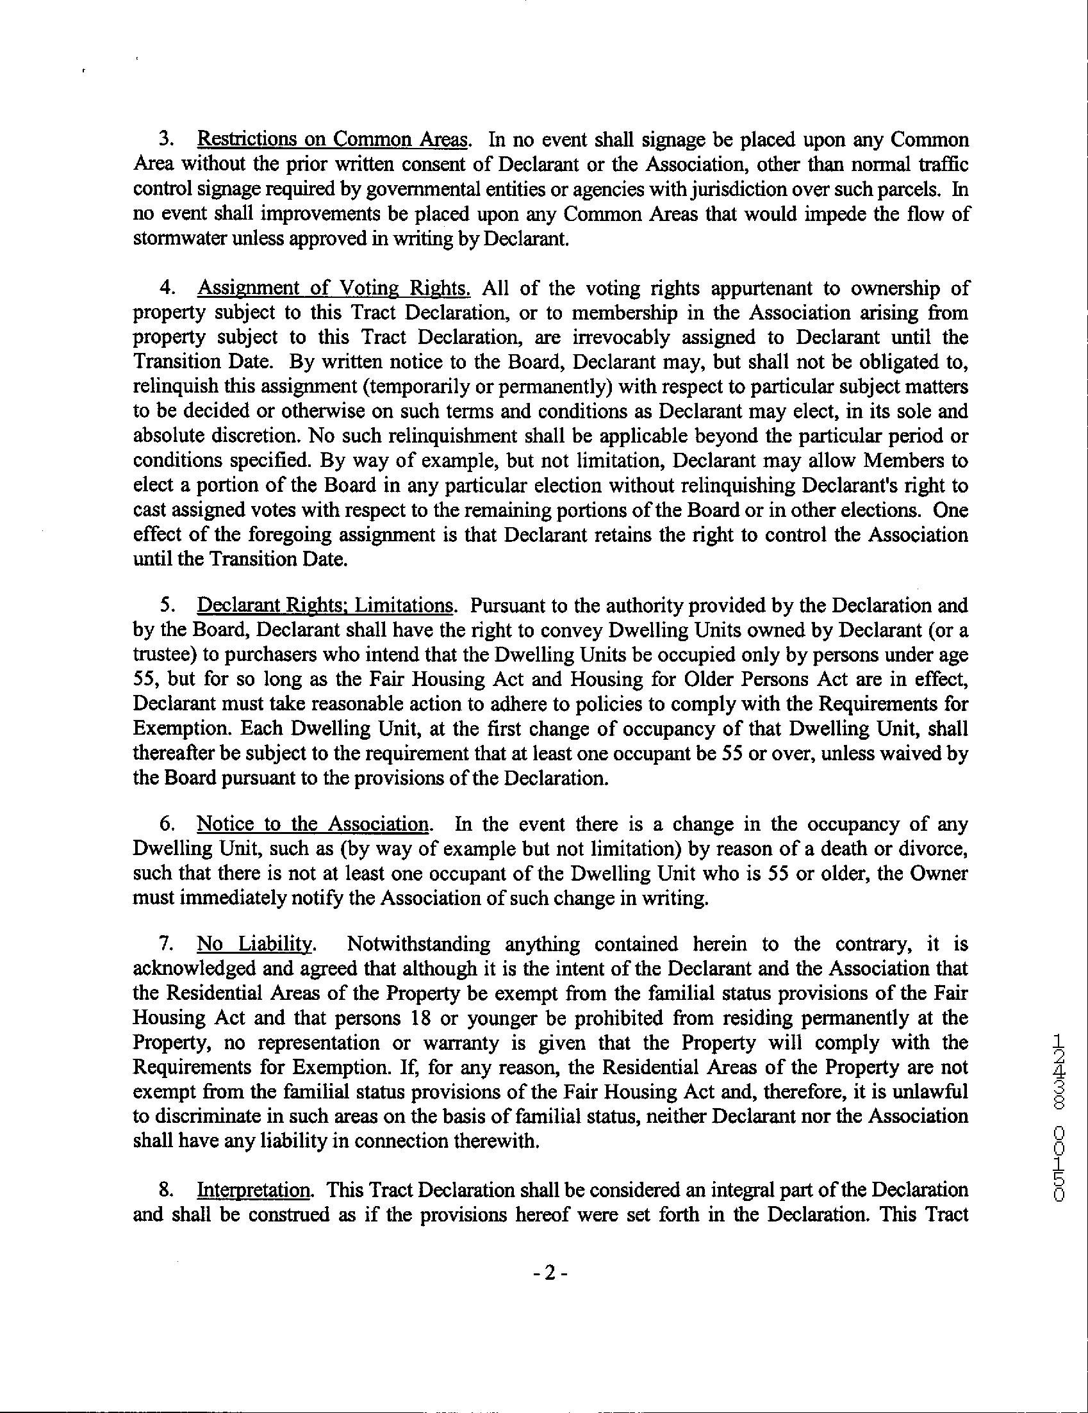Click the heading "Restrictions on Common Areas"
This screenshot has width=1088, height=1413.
click(332, 140)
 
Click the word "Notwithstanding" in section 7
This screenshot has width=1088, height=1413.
click(418, 944)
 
